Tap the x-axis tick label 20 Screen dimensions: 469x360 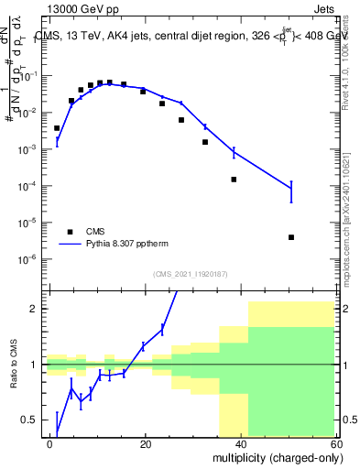click(146, 442)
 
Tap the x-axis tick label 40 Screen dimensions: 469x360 click(241, 442)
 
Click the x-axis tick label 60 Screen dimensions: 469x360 click(335, 442)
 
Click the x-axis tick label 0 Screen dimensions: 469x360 click(50, 442)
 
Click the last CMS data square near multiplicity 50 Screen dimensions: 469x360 click(290, 237)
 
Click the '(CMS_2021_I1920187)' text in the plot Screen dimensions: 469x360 click(190, 273)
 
